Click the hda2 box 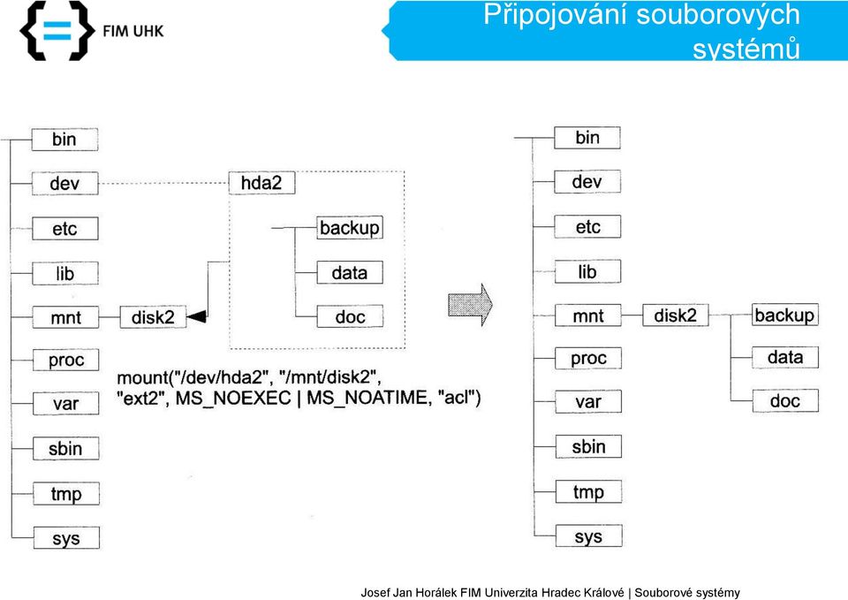(261, 183)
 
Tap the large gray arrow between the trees (470, 305)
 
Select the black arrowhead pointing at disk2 (196, 316)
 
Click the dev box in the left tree (64, 184)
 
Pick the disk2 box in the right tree (676, 315)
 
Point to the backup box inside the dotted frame (350, 228)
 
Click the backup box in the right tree (784, 315)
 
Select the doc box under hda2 (350, 316)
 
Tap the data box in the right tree (785, 357)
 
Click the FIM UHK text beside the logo (133, 31)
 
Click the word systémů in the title (746, 49)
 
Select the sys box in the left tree (66, 538)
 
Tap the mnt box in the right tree (588, 315)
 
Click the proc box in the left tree (66, 360)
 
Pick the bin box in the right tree (587, 138)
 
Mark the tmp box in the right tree (588, 492)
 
